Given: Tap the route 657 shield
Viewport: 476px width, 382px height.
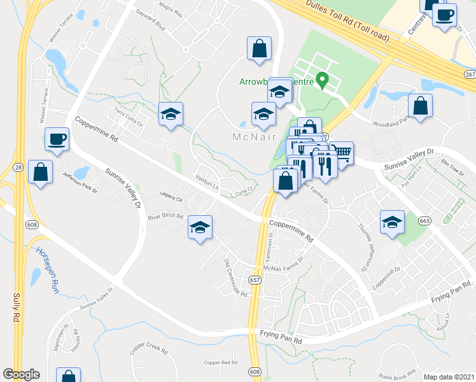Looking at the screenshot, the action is coord(255,279).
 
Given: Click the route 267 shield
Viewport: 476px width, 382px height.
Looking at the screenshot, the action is coord(470,76).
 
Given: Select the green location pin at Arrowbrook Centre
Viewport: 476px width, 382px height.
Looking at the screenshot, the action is coord(322,81).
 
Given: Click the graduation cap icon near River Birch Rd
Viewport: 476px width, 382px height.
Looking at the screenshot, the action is coord(200,227).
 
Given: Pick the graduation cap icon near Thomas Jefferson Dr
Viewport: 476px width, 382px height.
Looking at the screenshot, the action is coord(392,222).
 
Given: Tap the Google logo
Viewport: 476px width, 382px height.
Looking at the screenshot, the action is coord(21,374).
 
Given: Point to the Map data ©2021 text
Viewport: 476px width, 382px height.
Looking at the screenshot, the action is coord(449,376).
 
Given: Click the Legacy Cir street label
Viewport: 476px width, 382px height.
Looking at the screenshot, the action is coord(171,200).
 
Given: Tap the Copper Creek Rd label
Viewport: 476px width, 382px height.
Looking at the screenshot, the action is coord(149,350).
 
